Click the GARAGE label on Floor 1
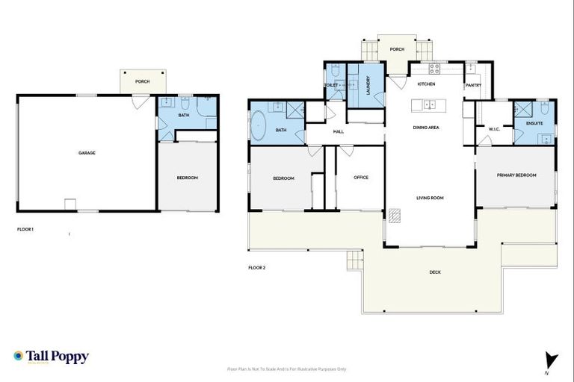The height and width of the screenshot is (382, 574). [87, 153]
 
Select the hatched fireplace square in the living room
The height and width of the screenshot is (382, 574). [394, 216]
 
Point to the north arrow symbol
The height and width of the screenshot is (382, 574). [552, 360]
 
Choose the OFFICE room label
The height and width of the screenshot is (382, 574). [361, 178]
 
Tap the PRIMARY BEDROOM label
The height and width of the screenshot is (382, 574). [516, 175]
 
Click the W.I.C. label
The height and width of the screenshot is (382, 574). [494, 129]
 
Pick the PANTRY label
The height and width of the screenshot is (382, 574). [473, 86]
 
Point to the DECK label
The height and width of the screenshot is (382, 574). [435, 272]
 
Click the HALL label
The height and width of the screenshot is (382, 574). [338, 132]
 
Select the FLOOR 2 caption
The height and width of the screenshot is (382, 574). [257, 267]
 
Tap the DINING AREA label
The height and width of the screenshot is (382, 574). [426, 128]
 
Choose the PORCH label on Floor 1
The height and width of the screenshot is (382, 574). [142, 81]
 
